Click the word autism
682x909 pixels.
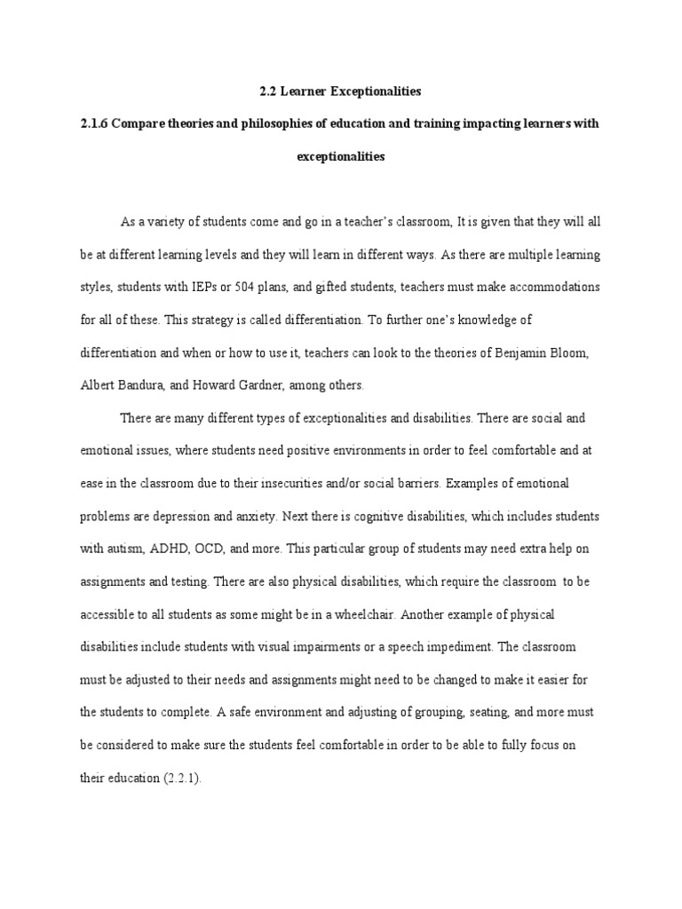coord(122,549)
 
